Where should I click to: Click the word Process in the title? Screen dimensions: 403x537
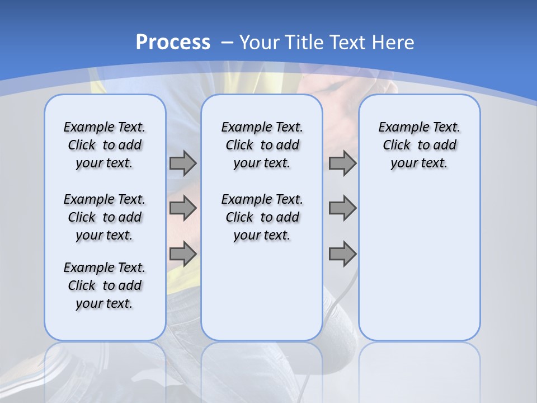(173, 42)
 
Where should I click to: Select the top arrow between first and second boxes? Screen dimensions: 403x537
(183, 163)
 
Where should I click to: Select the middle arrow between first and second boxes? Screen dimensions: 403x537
(183, 208)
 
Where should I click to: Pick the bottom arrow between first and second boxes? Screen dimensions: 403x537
(183, 254)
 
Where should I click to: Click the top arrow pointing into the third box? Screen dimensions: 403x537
(342, 163)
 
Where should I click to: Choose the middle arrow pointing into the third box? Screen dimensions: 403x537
(342, 208)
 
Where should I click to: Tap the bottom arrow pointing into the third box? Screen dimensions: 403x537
(342, 254)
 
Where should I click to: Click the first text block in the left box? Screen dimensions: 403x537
(105, 145)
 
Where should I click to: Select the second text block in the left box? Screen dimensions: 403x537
(105, 217)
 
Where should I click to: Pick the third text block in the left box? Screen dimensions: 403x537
(105, 285)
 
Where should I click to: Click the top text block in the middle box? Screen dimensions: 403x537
(262, 145)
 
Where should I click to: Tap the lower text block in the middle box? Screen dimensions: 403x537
(262, 217)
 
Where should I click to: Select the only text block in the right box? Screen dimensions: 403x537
(419, 145)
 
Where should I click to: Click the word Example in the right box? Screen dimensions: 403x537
(399, 128)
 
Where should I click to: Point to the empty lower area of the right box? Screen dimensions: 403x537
(419, 263)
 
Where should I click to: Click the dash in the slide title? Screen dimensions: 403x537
(227, 42)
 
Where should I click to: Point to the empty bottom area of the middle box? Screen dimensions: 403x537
(262, 297)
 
